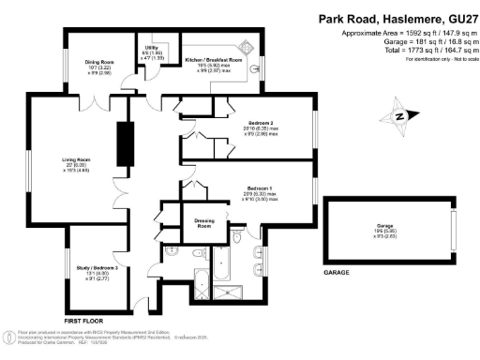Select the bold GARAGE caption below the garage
(337, 273)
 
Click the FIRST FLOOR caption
(83, 322)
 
